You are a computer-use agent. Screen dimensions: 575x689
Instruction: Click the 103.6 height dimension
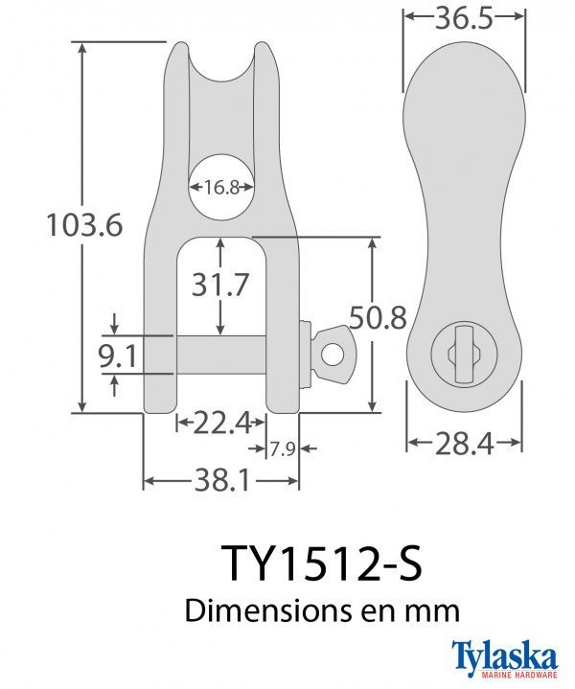pos(84,225)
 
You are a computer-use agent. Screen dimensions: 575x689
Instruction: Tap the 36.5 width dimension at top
pos(464,18)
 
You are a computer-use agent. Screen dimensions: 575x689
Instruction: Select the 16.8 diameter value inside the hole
pos(221,188)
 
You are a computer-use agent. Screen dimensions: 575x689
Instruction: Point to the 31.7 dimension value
pos(220,285)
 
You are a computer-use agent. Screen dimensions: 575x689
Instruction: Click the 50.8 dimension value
pos(378,318)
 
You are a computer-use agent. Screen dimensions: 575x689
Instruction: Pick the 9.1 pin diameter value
pos(118,356)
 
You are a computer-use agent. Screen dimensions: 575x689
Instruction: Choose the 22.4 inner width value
pos(221,423)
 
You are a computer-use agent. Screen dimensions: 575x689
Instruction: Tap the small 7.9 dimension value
pos(282,449)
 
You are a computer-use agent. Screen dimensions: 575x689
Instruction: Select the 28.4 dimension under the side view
pos(464,444)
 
